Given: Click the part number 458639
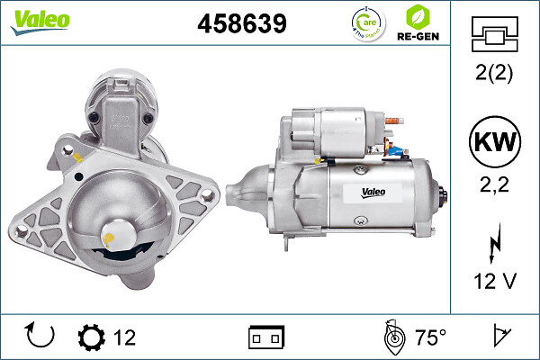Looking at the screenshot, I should click(x=241, y=24).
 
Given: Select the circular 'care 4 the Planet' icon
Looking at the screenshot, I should click(x=364, y=22).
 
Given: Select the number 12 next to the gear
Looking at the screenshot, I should click(x=124, y=337).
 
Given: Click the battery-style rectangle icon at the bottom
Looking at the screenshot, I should click(x=266, y=337).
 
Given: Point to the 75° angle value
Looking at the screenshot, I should click(x=430, y=337).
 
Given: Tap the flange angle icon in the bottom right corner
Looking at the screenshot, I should click(x=501, y=337).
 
